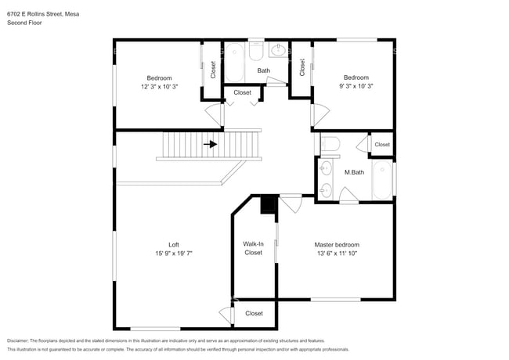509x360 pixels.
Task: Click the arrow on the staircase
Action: coord(211,144)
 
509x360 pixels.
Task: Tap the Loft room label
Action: coord(174,245)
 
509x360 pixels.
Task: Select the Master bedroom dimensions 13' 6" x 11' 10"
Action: coord(337,254)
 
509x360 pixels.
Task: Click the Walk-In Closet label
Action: coord(253,248)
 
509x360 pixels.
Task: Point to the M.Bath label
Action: coord(354,172)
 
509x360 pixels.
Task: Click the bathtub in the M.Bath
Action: coord(382,180)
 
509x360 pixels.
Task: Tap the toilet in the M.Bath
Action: coord(330,144)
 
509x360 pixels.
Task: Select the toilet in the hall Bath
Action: coord(256,51)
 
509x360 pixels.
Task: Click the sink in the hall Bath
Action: coord(278,49)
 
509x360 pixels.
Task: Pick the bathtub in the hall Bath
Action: coord(234,63)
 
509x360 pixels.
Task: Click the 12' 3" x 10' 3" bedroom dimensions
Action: coord(160,87)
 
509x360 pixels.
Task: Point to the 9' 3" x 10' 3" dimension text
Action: coord(356,86)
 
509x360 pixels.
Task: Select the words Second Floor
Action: coord(24,23)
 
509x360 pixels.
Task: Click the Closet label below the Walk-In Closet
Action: coord(254,313)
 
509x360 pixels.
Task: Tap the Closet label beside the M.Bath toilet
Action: coord(382,144)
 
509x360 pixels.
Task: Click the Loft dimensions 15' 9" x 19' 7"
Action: coord(174,254)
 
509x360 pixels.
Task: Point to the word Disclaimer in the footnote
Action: coord(18,340)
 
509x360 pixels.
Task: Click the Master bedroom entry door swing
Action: coord(291,203)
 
